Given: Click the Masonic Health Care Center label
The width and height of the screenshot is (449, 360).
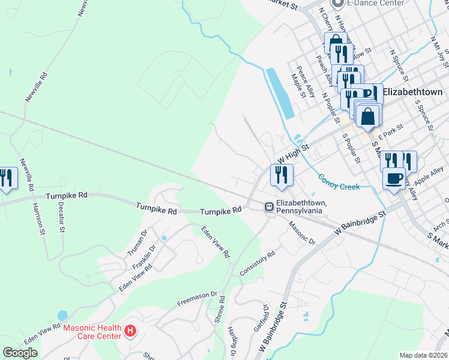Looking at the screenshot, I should [91, 331].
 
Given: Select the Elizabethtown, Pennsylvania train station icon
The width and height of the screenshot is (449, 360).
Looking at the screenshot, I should [269, 207].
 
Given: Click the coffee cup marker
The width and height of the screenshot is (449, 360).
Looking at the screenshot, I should [394, 178].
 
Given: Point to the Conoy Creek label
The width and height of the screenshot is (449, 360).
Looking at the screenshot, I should [339, 182].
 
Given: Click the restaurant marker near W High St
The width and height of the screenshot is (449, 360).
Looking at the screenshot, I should [280, 175].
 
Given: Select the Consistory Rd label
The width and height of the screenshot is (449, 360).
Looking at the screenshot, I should [257, 263].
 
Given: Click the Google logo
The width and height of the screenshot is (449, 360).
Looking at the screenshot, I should [20, 353].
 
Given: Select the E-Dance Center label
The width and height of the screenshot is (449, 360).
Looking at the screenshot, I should [367, 3].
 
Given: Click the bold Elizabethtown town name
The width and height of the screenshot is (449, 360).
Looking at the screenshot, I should [412, 92].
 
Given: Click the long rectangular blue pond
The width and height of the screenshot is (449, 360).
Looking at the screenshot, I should [280, 92].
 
